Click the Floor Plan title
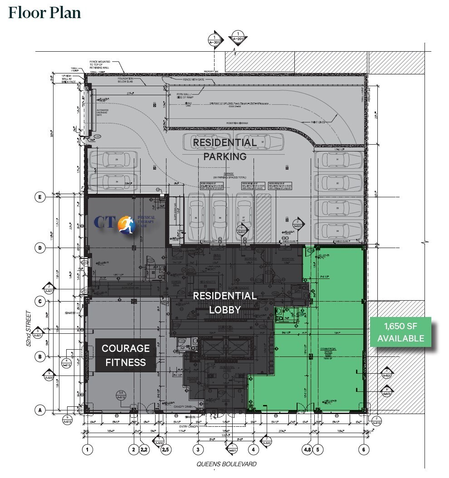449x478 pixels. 44,13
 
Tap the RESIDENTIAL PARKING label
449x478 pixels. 225,149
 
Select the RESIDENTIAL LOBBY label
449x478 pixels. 224,302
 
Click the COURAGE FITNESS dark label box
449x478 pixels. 126,355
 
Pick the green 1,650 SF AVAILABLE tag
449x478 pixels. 401,332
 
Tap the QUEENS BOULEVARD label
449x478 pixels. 226,464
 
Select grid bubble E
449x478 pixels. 40,197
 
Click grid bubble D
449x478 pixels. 40,248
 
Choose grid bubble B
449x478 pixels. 40,356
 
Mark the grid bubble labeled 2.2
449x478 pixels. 144,450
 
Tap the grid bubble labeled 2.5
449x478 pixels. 166,450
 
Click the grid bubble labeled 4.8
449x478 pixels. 307,450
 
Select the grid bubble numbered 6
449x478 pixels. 363,450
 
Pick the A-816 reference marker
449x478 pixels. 377,421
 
